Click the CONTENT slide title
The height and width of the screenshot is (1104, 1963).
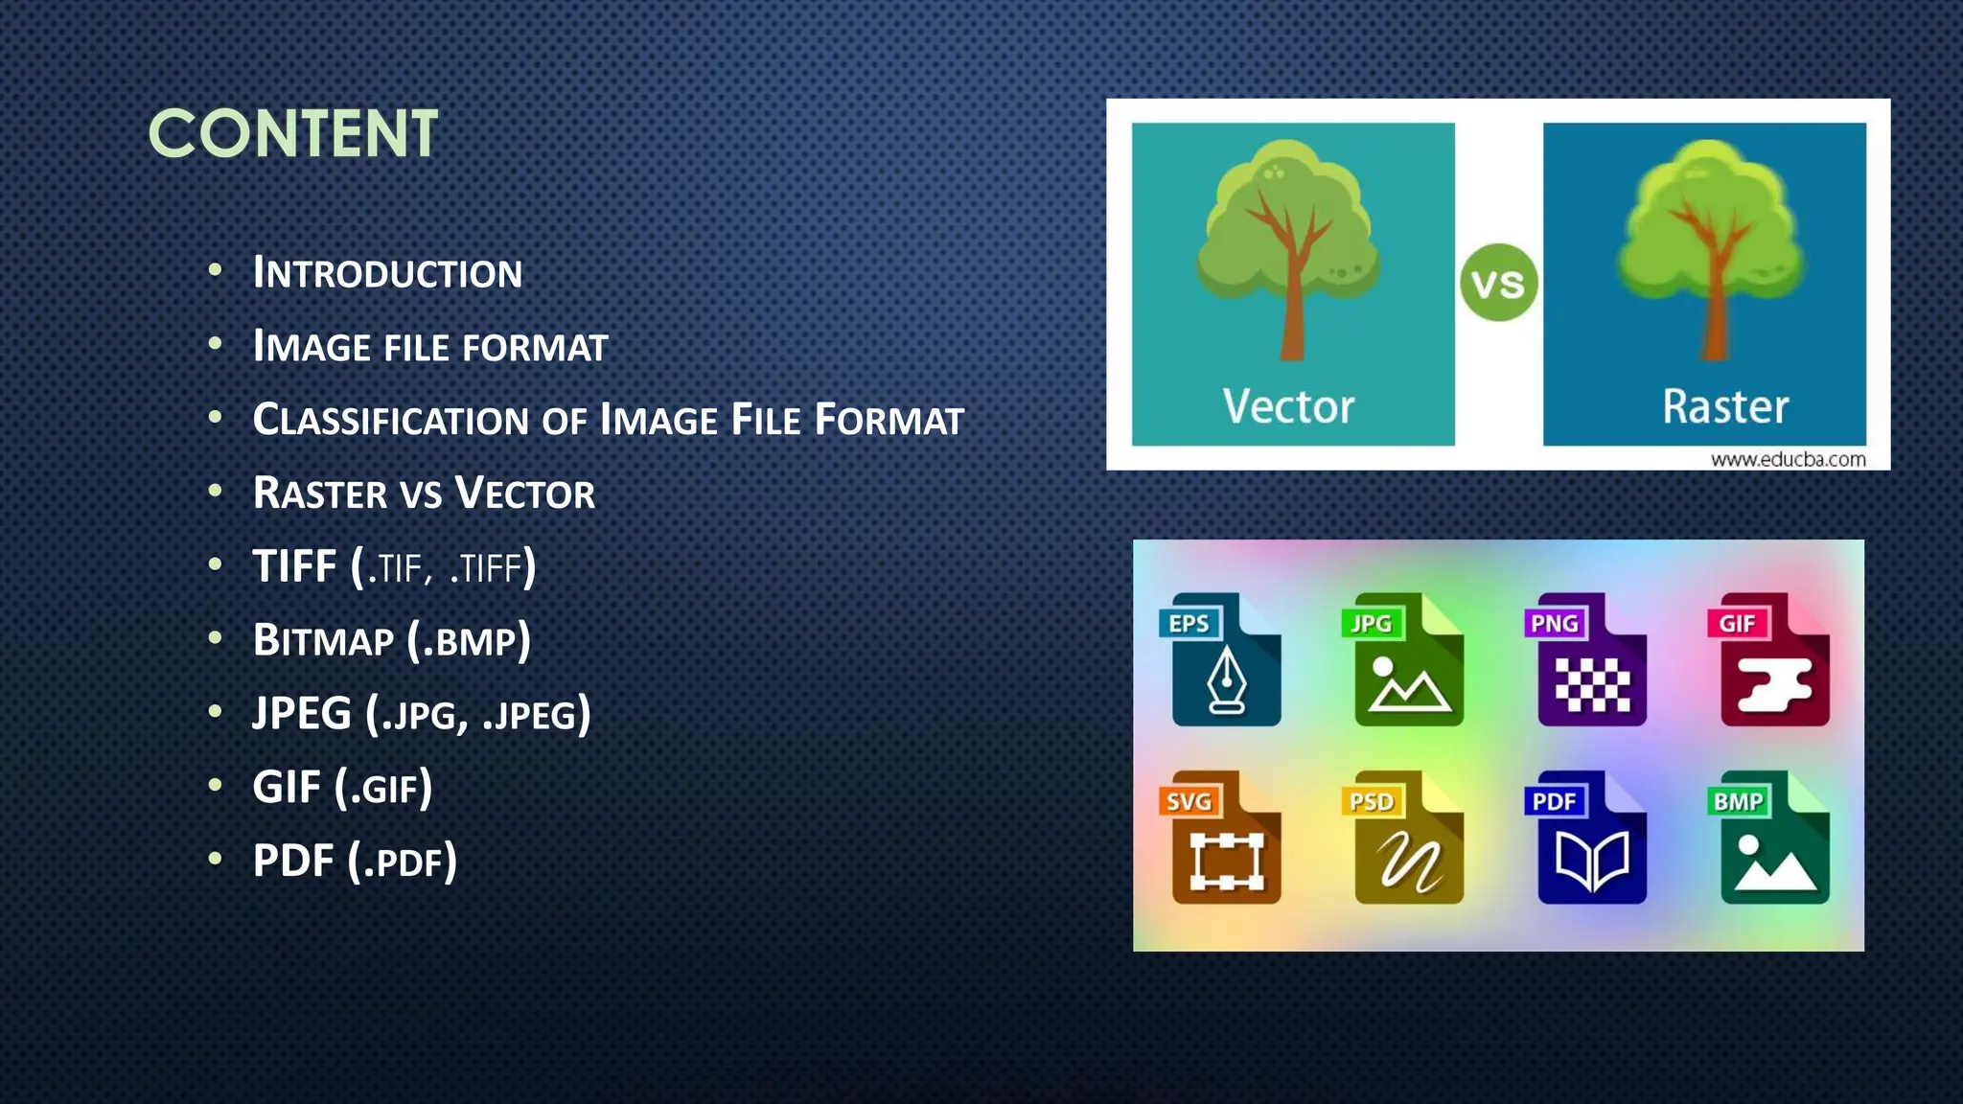(x=292, y=133)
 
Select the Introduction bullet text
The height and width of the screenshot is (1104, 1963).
(x=387, y=273)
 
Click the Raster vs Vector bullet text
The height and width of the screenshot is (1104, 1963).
(x=424, y=494)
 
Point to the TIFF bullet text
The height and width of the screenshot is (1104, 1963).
(x=393, y=567)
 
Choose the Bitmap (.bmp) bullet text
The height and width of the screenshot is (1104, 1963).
(x=391, y=640)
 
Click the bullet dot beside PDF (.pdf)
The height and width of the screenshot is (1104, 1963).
(x=215, y=858)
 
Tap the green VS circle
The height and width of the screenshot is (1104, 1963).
(x=1498, y=283)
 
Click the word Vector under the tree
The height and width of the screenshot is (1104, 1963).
(x=1288, y=406)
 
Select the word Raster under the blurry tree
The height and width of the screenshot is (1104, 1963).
(x=1724, y=406)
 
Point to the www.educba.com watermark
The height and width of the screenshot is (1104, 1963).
(x=1788, y=459)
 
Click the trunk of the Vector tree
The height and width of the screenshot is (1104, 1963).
(x=1293, y=316)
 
